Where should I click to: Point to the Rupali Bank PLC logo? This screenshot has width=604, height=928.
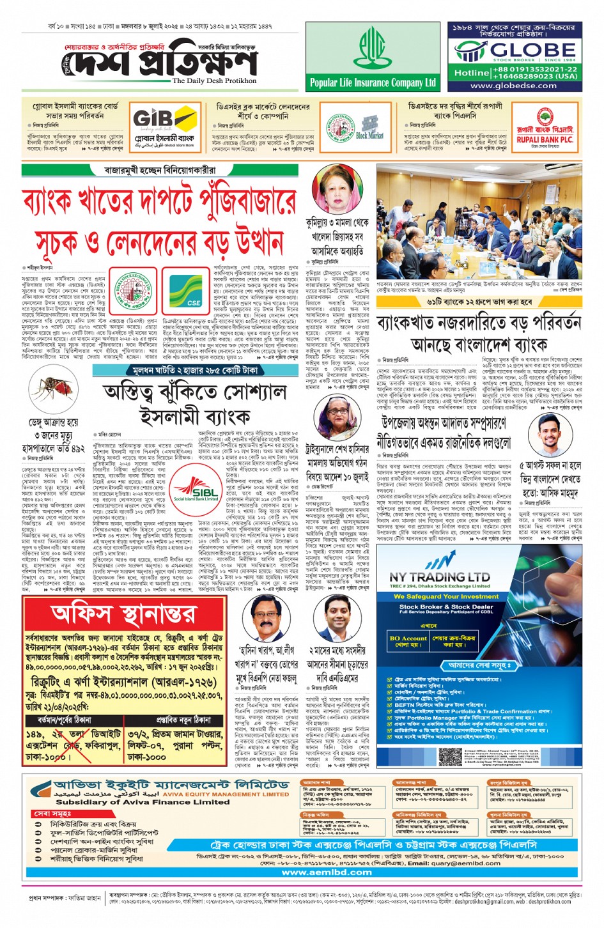pyautogui.click(x=545, y=128)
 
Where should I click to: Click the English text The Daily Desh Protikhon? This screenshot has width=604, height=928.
pyautogui.click(x=213, y=81)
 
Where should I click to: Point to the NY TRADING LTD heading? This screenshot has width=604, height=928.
pyautogui.click(x=440, y=576)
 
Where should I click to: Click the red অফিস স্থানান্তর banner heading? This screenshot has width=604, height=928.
pyautogui.click(x=123, y=615)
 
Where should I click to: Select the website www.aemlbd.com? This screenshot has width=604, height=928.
pyautogui.click(x=327, y=872)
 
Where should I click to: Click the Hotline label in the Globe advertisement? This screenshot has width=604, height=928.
pyautogui.click(x=472, y=73)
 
